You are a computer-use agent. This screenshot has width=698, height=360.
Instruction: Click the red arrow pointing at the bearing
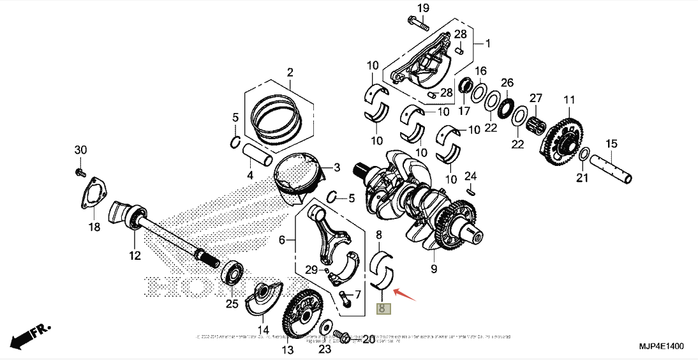point(405,294)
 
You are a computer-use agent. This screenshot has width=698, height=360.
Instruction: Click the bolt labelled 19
point(417,23)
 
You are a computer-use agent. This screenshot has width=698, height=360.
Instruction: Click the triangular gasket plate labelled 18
point(94,194)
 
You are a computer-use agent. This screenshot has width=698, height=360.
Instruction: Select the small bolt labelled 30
point(80,172)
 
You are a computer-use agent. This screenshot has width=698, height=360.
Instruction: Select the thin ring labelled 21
point(584,154)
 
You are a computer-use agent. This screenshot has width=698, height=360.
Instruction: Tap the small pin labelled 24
point(470,190)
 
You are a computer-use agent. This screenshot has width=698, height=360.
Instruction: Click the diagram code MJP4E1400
point(661,346)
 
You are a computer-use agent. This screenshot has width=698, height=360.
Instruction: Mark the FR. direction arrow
point(29,334)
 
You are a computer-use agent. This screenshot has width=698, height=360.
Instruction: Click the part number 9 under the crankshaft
point(434,269)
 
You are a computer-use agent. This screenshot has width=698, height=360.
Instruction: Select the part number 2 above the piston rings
point(289,72)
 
